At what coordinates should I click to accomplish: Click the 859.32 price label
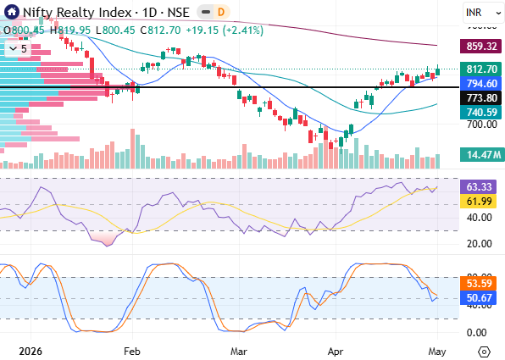[x=480, y=46]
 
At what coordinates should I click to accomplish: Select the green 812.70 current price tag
[x=480, y=69]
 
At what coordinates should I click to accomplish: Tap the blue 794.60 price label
[x=480, y=83]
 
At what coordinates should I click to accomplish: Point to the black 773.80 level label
[x=480, y=97]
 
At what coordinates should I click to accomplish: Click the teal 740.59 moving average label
[x=480, y=112]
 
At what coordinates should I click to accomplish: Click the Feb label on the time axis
[x=132, y=351]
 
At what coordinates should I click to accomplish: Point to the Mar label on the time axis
[x=239, y=351]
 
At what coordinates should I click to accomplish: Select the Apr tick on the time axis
[x=336, y=351]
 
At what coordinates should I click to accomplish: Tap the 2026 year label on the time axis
[x=31, y=351]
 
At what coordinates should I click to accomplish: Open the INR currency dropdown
[x=483, y=13]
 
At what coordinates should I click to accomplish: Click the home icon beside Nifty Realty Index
[x=12, y=12]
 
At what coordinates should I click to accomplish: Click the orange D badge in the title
[x=221, y=12]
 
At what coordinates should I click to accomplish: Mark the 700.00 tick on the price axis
[x=482, y=124]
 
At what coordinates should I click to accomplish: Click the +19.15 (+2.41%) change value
[x=225, y=30]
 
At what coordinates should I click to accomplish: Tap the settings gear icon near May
[x=485, y=352]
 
